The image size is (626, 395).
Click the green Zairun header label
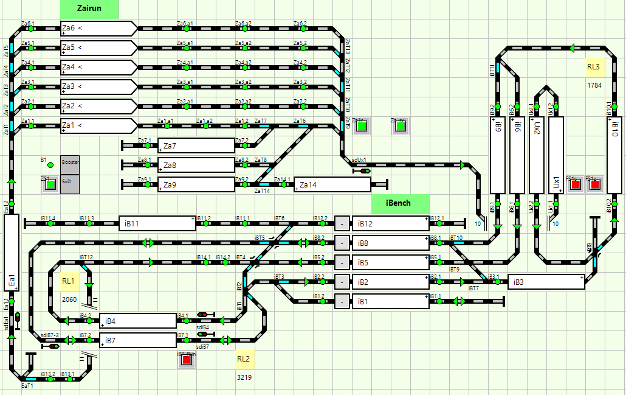click(x=89, y=9)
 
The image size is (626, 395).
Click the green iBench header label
click(x=400, y=203)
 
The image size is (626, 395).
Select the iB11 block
click(x=157, y=223)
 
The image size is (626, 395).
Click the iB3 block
click(x=546, y=282)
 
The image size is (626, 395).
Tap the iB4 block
click(x=137, y=320)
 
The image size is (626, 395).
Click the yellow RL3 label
click(x=594, y=68)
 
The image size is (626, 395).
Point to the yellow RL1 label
click(x=69, y=281)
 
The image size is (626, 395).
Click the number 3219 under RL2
click(x=244, y=377)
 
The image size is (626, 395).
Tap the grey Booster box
click(x=70, y=164)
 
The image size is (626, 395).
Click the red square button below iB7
click(x=187, y=360)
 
